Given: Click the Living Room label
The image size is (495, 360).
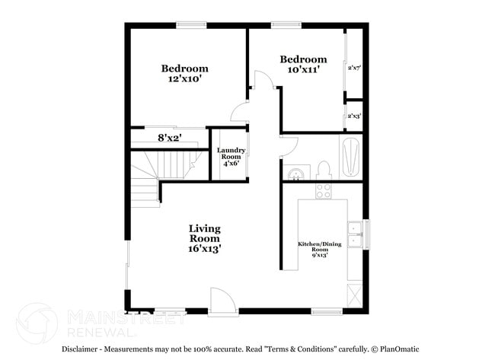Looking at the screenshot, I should pos(205,238).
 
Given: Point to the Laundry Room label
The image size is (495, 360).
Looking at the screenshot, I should pos(229,156).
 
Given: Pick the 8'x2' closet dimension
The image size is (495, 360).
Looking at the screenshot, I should pos(168,138).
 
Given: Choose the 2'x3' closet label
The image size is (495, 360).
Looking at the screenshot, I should pos(354,116).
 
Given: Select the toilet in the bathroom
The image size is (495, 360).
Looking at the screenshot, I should pos(323,170).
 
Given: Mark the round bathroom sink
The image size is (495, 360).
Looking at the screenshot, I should pos(294,174).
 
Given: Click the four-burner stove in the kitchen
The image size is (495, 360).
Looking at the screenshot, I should pos(324,190).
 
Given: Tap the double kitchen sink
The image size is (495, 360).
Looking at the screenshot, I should pos(355,234).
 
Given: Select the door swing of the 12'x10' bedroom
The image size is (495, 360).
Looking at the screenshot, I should pos(241,113).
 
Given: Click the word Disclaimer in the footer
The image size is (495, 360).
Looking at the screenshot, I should pos(84,349).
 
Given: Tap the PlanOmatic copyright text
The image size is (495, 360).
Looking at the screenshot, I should pos(399,349).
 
